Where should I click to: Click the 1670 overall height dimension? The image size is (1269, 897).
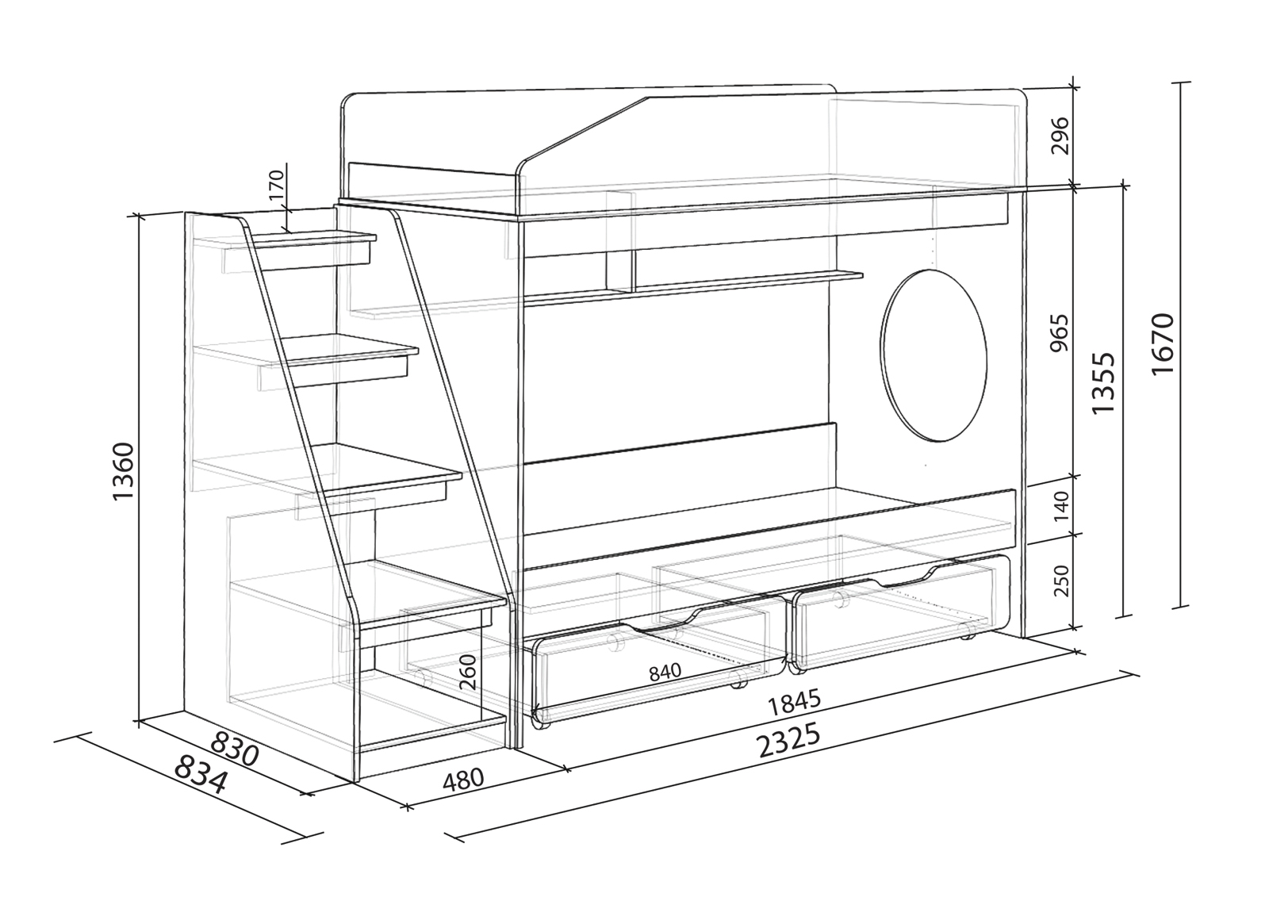(1162, 345)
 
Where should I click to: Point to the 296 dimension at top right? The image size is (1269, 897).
(1061, 135)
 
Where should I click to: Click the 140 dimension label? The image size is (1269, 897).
(1061, 504)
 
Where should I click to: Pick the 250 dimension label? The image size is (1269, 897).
(1061, 581)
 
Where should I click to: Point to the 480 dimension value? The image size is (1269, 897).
(463, 780)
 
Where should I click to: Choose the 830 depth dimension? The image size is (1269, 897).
(236, 749)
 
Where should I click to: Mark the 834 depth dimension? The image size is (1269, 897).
(200, 774)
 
